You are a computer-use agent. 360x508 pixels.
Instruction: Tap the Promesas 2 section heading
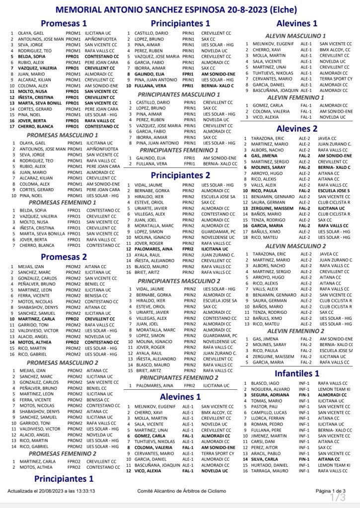(64, 257)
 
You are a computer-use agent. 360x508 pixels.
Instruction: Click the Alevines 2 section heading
(297, 129)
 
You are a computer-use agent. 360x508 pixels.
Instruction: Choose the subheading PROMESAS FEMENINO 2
(63, 453)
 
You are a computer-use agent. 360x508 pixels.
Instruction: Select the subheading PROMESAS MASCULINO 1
(62, 135)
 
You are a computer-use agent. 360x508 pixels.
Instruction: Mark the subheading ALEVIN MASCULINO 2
(296, 246)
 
